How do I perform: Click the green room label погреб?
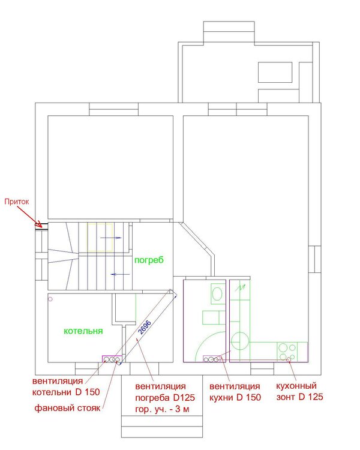(x=149, y=260)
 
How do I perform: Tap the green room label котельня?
(x=83, y=331)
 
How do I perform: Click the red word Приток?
(x=17, y=202)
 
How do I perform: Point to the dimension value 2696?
(x=145, y=328)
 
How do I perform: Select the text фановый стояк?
(x=67, y=408)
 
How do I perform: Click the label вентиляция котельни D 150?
(x=66, y=386)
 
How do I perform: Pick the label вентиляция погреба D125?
(x=165, y=392)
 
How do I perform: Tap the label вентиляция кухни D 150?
(x=235, y=392)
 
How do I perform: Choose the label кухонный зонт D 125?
(x=299, y=391)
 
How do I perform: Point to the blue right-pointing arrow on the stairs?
(x=111, y=238)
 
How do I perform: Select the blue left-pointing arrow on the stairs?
(x=121, y=274)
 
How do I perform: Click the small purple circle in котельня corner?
(x=50, y=299)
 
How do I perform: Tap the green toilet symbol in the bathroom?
(x=217, y=293)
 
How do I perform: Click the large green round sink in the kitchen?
(x=240, y=341)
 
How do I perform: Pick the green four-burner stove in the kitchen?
(x=287, y=352)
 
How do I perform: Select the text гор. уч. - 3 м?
(x=162, y=409)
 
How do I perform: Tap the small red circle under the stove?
(x=289, y=360)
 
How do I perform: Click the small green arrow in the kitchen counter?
(x=241, y=287)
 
